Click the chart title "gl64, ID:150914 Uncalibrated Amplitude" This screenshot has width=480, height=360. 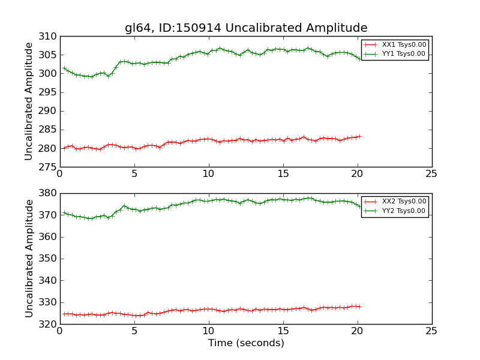click(x=246, y=28)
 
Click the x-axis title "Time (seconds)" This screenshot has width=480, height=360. click(x=246, y=343)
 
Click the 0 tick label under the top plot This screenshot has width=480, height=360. click(x=59, y=175)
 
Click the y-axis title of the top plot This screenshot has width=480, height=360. click(x=29, y=101)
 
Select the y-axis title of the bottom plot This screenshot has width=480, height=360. click(x=29, y=258)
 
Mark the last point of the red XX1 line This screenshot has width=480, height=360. click(x=360, y=136)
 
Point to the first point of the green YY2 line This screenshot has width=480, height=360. click(x=64, y=212)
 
